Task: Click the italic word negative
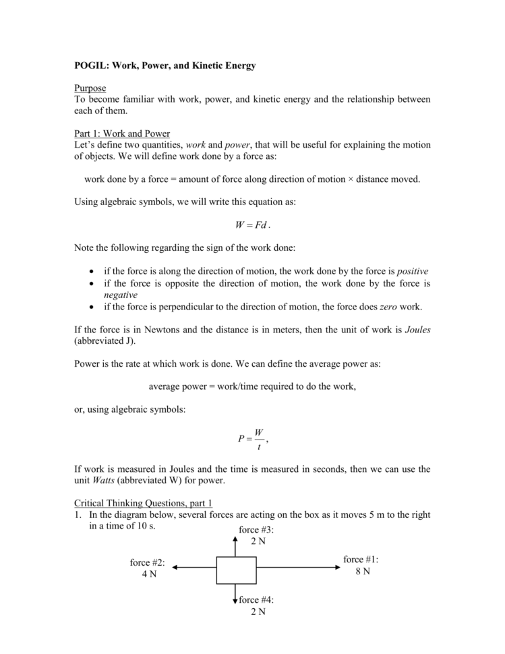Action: click(x=120, y=295)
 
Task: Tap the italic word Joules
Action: click(x=413, y=330)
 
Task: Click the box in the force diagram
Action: click(x=236, y=568)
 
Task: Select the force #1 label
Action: click(x=361, y=560)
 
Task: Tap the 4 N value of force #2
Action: click(x=148, y=574)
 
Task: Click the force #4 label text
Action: click(x=256, y=599)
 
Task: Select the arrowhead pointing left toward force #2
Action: click(x=175, y=568)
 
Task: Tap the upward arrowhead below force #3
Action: click(x=235, y=539)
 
